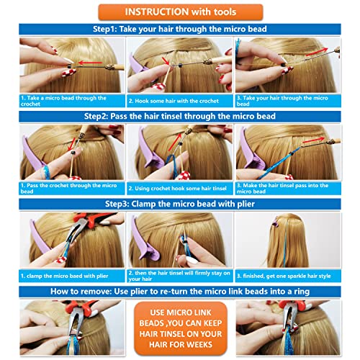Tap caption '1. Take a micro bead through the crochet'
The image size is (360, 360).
(x=63, y=100)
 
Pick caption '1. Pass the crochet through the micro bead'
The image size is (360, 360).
(x=63, y=187)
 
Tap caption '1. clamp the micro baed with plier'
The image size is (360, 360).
(x=63, y=276)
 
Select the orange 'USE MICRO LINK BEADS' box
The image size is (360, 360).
(x=179, y=328)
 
